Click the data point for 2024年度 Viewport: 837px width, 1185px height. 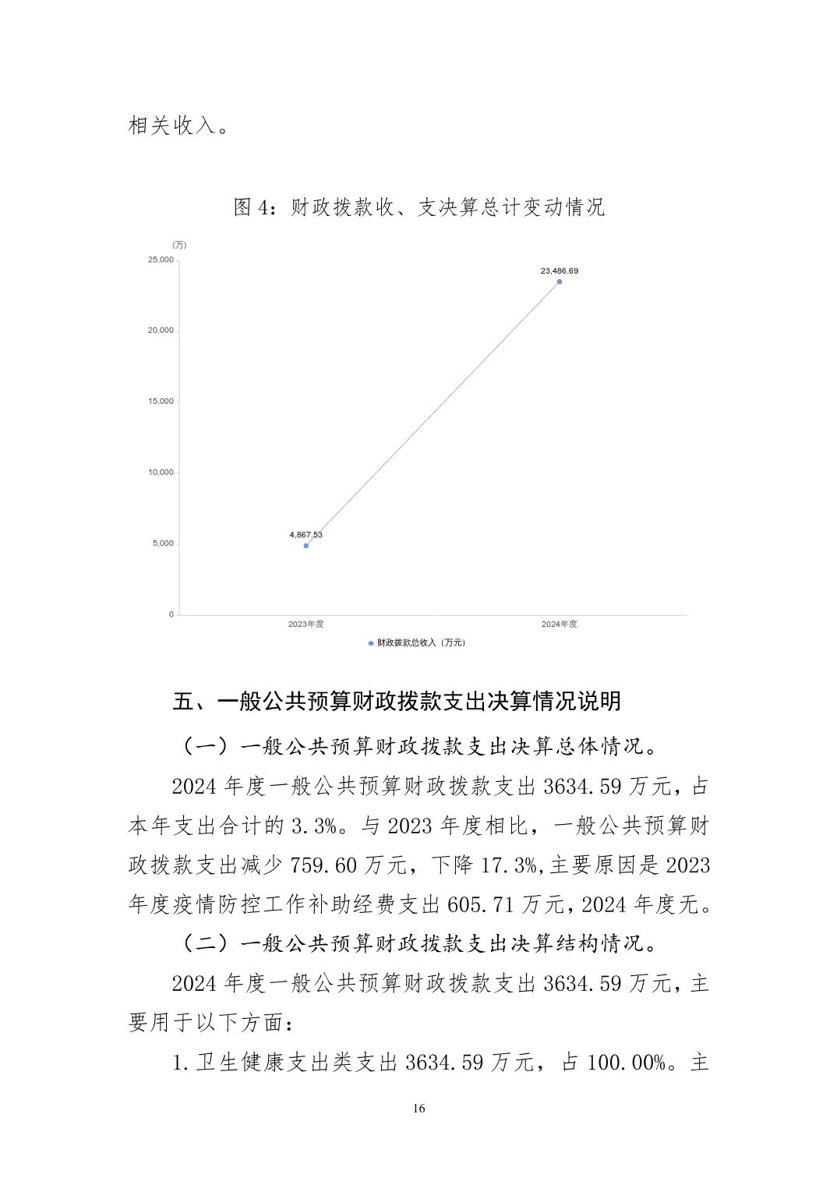tap(560, 281)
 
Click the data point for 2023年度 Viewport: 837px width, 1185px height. tap(306, 546)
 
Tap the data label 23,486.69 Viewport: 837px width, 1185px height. tap(560, 271)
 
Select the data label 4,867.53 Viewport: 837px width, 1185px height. tap(305, 535)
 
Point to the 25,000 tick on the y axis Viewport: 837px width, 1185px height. tap(161, 260)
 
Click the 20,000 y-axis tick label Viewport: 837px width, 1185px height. tap(161, 331)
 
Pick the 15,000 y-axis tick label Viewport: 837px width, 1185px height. tap(161, 401)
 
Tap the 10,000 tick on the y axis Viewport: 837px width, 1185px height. tap(161, 472)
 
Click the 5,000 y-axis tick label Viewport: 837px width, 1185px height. tap(163, 543)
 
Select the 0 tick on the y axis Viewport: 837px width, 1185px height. tap(171, 614)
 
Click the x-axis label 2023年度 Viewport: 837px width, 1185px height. tap(305, 624)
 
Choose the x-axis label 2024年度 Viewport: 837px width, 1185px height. tap(560, 624)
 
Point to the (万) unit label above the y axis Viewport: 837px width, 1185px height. tap(179, 245)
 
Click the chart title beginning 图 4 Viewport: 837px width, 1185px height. tap(419, 207)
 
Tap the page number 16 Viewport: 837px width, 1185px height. tap(419, 1109)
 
